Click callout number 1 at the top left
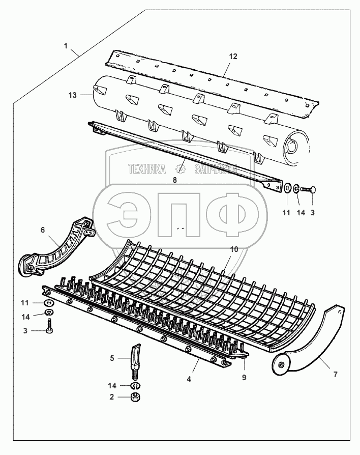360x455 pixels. coord(66,46)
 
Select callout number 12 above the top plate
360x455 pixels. coord(233,56)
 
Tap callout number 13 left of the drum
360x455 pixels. coord(72,95)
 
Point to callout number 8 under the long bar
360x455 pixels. coord(175,179)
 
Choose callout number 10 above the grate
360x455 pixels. coord(234,249)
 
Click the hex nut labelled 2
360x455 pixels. coord(135,396)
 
